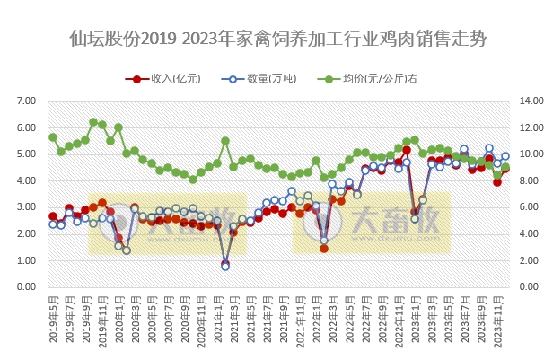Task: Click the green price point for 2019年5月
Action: point(53,137)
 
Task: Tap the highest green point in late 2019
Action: point(93,122)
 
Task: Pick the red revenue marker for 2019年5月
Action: point(53,216)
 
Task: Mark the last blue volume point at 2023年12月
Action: point(505,156)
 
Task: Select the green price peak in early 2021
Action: point(225,141)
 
